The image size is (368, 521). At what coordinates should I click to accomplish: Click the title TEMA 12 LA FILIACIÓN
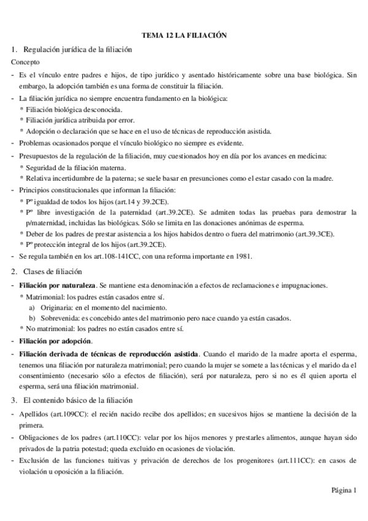pos(184,36)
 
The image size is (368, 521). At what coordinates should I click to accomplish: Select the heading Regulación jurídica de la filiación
pos(77,49)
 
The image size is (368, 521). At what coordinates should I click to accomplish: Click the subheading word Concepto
pos(26,62)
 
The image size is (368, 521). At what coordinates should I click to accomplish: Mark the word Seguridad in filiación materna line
pos(43,168)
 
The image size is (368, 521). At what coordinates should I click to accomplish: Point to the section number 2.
pos(14,272)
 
